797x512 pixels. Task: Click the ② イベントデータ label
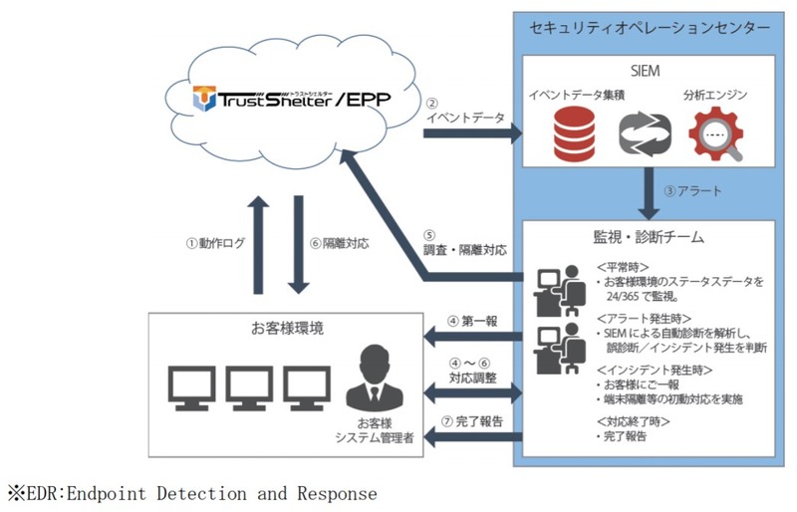click(463, 111)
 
